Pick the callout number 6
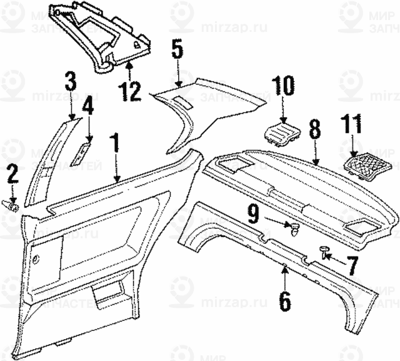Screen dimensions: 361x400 (285, 301)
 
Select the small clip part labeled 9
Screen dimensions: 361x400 (291, 228)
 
